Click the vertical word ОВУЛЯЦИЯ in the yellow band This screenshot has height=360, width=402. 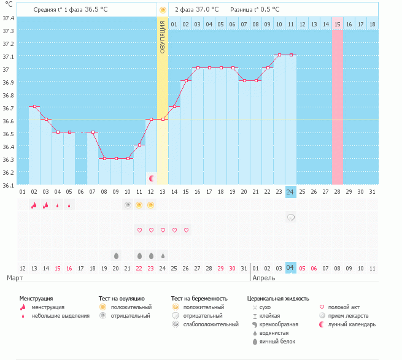pyautogui.click(x=162, y=37)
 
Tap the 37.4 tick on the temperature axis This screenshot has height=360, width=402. pyautogui.click(x=8, y=18)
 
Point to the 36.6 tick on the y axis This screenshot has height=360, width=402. pyautogui.click(x=8, y=121)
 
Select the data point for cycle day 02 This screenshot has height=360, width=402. pyautogui.click(x=34, y=106)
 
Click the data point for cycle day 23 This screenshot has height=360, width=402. pyautogui.click(x=279, y=55)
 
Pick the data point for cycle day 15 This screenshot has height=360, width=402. pyautogui.click(x=186, y=81)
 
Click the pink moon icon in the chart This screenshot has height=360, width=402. pyautogui.click(x=152, y=178)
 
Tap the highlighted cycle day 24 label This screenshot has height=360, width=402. pyautogui.click(x=291, y=192)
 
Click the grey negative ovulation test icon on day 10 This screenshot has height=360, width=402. pyautogui.click(x=128, y=205)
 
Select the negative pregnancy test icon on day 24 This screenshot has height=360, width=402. pyautogui.click(x=291, y=218)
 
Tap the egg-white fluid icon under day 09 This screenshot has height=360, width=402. pyautogui.click(x=116, y=256)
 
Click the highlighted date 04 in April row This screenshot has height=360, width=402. pyautogui.click(x=291, y=268)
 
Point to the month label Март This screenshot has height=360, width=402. pyautogui.click(x=15, y=278)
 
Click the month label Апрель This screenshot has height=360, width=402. pyautogui.click(x=264, y=278)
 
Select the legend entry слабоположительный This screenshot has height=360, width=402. pyautogui.click(x=211, y=324)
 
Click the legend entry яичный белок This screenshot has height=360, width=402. pyautogui.click(x=277, y=342)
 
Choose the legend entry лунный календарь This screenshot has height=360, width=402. pyautogui.click(x=352, y=324)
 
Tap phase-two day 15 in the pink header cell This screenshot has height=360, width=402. pyautogui.click(x=338, y=24)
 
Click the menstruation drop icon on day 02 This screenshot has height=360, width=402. pyautogui.click(x=34, y=205)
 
